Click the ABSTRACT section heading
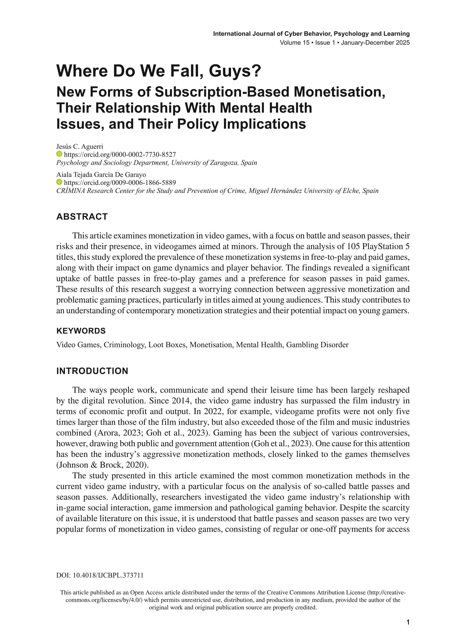[x=82, y=217]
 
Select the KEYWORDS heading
[x=81, y=331]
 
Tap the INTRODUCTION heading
[x=92, y=371]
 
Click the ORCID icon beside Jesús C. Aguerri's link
[x=59, y=154]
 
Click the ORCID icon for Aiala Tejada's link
[x=59, y=182]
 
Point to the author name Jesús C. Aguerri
[x=80, y=146]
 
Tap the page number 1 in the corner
[x=408, y=622]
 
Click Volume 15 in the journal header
[x=295, y=43]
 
